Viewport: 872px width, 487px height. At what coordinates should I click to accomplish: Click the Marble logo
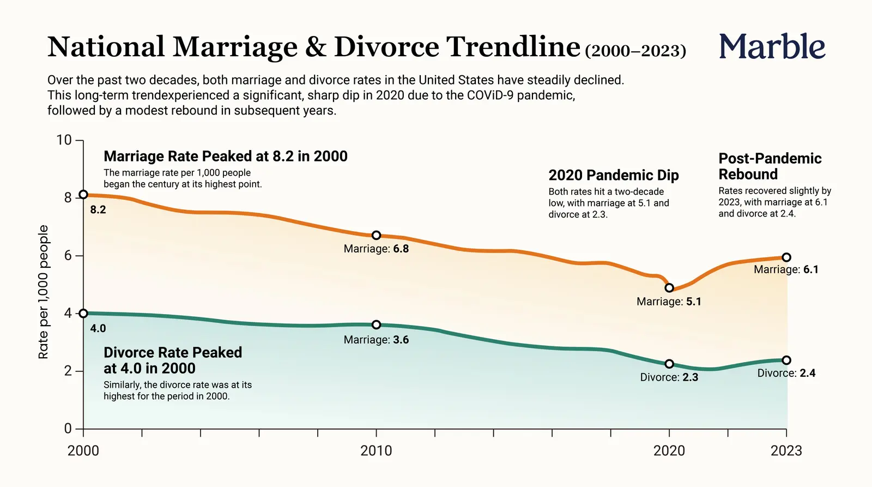point(772,46)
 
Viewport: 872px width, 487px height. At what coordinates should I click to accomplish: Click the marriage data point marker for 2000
point(83,194)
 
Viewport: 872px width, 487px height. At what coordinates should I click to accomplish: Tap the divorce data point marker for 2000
point(83,313)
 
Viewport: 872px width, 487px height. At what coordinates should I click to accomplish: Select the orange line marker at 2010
point(376,235)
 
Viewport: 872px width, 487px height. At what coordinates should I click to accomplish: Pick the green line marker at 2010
point(376,324)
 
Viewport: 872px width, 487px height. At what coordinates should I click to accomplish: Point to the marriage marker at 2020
point(669,288)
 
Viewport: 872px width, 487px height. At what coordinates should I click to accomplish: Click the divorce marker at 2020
point(669,364)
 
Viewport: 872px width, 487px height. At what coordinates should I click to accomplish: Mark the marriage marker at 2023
point(786,257)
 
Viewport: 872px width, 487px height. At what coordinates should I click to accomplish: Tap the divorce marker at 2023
point(786,360)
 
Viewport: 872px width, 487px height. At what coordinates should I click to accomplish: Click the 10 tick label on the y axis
point(64,140)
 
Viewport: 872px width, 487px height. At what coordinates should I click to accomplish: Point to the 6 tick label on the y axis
point(68,256)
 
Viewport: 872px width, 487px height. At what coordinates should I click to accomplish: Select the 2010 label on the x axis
point(376,451)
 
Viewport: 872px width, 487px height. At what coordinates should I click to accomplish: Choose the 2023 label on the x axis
point(786,451)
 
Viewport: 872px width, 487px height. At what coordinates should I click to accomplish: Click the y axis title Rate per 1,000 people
point(43,292)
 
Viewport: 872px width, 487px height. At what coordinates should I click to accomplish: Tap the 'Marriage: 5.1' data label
point(669,302)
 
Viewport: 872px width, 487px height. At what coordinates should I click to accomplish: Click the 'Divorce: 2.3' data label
point(669,377)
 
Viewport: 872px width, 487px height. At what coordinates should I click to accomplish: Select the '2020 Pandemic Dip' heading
point(614,175)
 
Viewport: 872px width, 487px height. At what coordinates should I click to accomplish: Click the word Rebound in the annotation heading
point(748,174)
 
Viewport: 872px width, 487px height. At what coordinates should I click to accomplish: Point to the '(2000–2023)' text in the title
point(635,51)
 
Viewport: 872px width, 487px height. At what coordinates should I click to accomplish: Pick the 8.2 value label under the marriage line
point(98,210)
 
